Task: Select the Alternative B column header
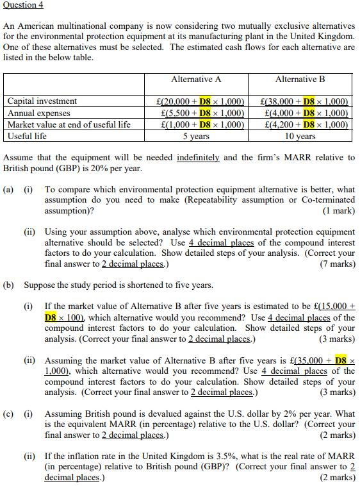tap(300, 80)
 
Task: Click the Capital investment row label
tap(42, 101)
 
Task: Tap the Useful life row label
tap(27, 136)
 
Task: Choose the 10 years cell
tap(300, 136)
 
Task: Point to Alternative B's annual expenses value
tap(306, 113)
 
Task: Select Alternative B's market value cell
tap(306, 124)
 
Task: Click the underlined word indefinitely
tap(199, 157)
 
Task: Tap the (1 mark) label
tap(339, 210)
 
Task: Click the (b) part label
tap(9, 285)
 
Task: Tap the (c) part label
tap(9, 414)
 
